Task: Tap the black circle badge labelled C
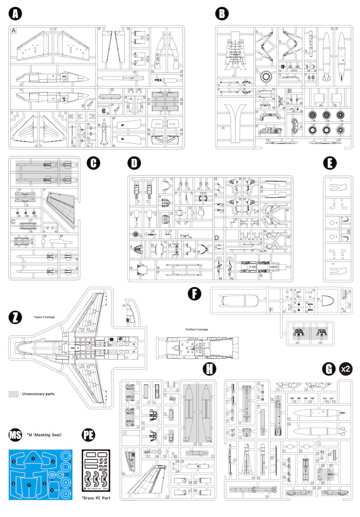click(93, 163)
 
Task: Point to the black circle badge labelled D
click(134, 163)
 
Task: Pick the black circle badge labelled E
click(329, 163)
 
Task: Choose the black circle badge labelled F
click(194, 294)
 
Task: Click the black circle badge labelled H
click(209, 369)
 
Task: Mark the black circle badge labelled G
click(327, 369)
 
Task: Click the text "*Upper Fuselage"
click(44, 316)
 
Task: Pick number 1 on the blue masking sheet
click(33, 458)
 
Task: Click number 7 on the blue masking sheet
click(29, 485)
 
